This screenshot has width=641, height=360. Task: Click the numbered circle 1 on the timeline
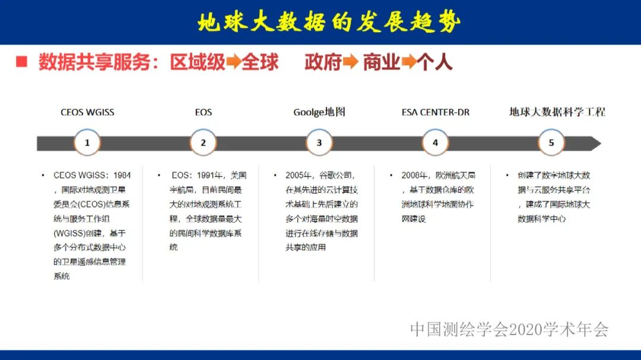(x=87, y=143)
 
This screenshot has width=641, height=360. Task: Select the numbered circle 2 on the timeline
(x=203, y=143)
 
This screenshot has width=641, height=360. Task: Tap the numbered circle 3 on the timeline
(x=319, y=143)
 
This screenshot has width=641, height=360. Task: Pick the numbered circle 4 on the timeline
(x=435, y=143)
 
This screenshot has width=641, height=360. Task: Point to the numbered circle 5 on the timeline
(x=551, y=143)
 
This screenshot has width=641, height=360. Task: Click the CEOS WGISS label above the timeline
(x=87, y=112)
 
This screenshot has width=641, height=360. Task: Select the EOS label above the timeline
(x=203, y=112)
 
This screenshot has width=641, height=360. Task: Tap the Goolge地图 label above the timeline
(x=319, y=112)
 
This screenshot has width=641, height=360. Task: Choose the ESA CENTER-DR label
(x=435, y=112)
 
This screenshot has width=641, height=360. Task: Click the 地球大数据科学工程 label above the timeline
(x=557, y=111)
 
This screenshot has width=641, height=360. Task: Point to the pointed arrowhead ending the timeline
(x=595, y=144)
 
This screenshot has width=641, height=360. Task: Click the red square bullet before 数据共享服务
(x=22, y=62)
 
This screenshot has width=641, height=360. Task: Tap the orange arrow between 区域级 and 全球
(x=233, y=62)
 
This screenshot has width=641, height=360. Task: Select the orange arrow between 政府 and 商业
(x=350, y=62)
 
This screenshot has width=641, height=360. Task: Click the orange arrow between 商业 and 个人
(x=408, y=62)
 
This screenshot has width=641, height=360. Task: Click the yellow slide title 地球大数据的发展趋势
(x=329, y=22)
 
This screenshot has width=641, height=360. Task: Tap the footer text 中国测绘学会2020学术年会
(x=509, y=329)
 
